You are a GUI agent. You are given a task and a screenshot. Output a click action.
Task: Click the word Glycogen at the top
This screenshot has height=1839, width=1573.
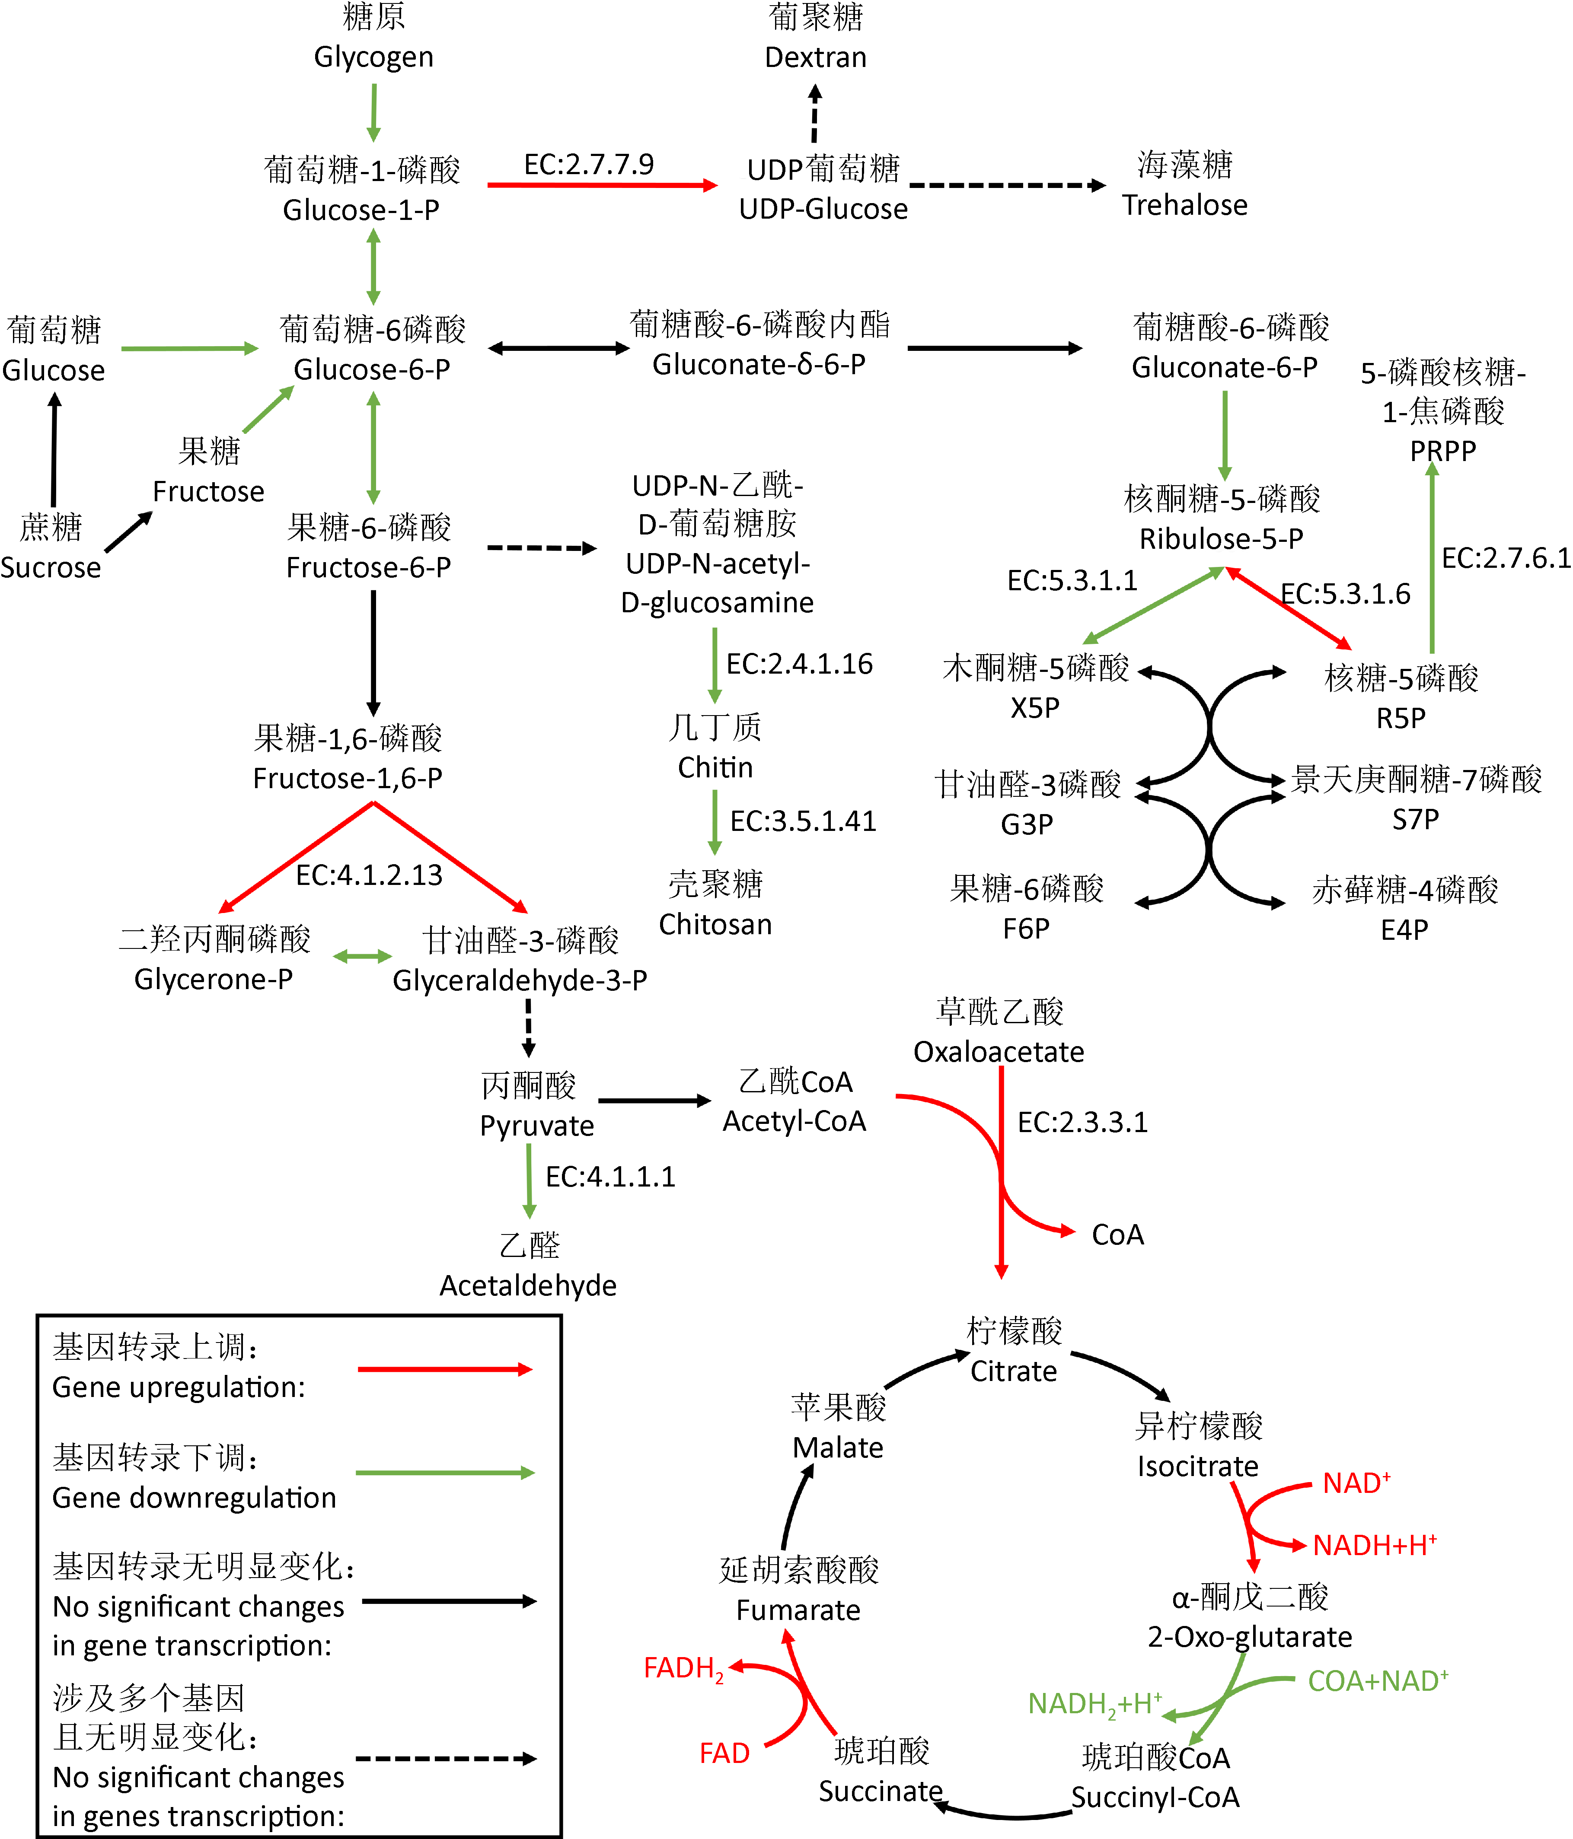[374, 57]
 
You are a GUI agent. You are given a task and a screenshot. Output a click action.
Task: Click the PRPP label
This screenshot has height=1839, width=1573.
[1442, 451]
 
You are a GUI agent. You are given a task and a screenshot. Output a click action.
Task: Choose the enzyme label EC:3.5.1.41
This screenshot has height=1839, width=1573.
[802, 821]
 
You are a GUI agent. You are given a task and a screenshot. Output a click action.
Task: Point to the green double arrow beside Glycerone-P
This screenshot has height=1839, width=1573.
[362, 956]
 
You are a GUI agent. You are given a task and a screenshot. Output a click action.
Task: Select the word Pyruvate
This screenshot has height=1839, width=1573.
[536, 1126]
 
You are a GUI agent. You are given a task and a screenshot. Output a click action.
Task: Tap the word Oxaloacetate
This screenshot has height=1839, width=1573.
[999, 1052]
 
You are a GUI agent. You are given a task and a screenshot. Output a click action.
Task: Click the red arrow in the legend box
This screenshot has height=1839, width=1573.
[444, 1369]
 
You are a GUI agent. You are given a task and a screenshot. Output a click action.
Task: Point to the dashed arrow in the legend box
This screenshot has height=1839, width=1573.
[446, 1758]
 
